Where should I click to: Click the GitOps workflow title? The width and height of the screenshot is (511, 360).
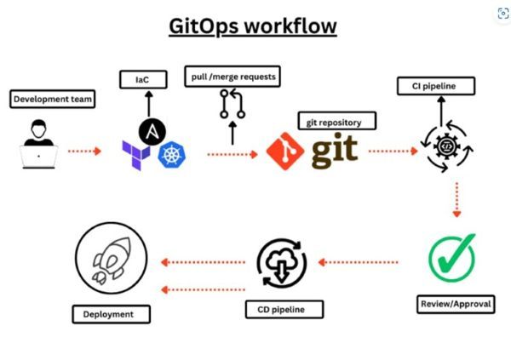point(252,27)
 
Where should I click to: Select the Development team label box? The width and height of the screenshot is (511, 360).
point(53,100)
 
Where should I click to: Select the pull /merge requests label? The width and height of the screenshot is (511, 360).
point(232,77)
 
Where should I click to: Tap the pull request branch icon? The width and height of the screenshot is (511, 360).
point(232,104)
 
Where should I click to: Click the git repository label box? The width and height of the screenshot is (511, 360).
point(336,122)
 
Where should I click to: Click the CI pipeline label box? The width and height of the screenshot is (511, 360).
point(436,86)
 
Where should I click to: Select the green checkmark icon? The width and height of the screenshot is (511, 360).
point(451,257)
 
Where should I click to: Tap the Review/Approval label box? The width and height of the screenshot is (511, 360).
point(456,303)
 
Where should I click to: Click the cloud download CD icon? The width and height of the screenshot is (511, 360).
point(280,264)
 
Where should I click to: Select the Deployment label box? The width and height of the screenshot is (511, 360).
point(111,314)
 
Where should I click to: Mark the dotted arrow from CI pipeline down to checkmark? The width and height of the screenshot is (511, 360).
point(456,200)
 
